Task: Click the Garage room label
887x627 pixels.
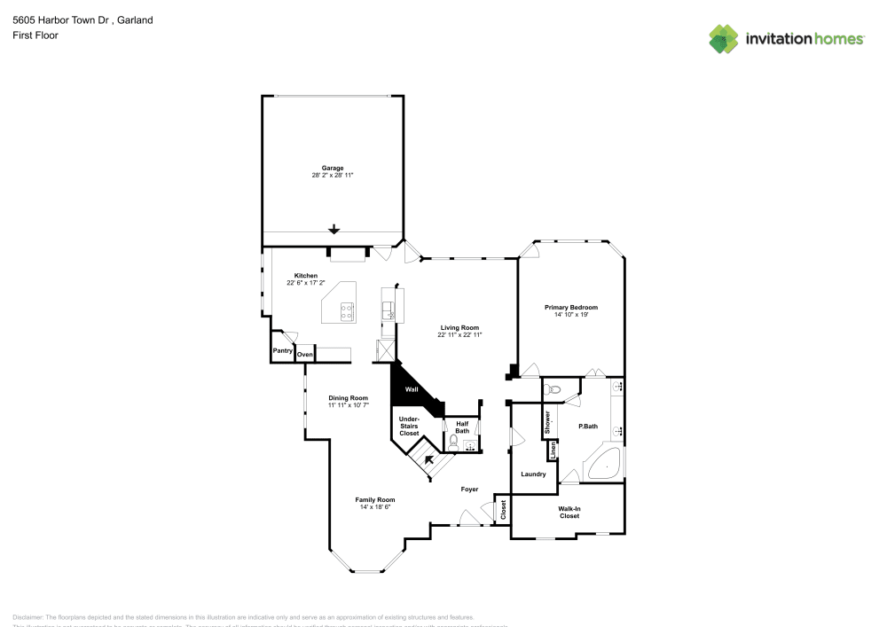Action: click(x=333, y=168)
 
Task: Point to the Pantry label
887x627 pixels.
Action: click(x=283, y=351)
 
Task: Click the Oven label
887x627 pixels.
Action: click(x=305, y=355)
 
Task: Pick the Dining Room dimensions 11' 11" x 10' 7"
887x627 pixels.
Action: click(x=348, y=405)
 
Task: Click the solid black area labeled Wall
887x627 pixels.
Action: click(x=411, y=389)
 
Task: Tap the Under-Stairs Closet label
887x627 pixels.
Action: click(x=409, y=426)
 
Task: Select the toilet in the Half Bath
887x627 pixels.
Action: click(x=453, y=440)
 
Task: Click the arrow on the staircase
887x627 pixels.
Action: click(x=429, y=459)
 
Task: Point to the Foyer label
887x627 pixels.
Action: click(x=469, y=489)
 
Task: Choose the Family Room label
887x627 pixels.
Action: click(x=374, y=499)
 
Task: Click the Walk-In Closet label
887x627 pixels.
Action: click(x=569, y=512)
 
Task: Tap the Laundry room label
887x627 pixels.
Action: click(x=533, y=474)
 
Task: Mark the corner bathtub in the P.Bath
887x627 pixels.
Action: click(x=605, y=464)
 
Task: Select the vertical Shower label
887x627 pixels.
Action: click(x=547, y=421)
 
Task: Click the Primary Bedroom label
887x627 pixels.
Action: click(x=570, y=307)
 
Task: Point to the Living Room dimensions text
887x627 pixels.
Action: click(x=459, y=335)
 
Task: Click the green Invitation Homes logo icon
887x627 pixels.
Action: click(x=724, y=38)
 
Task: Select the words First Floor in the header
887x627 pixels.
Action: click(x=35, y=35)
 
